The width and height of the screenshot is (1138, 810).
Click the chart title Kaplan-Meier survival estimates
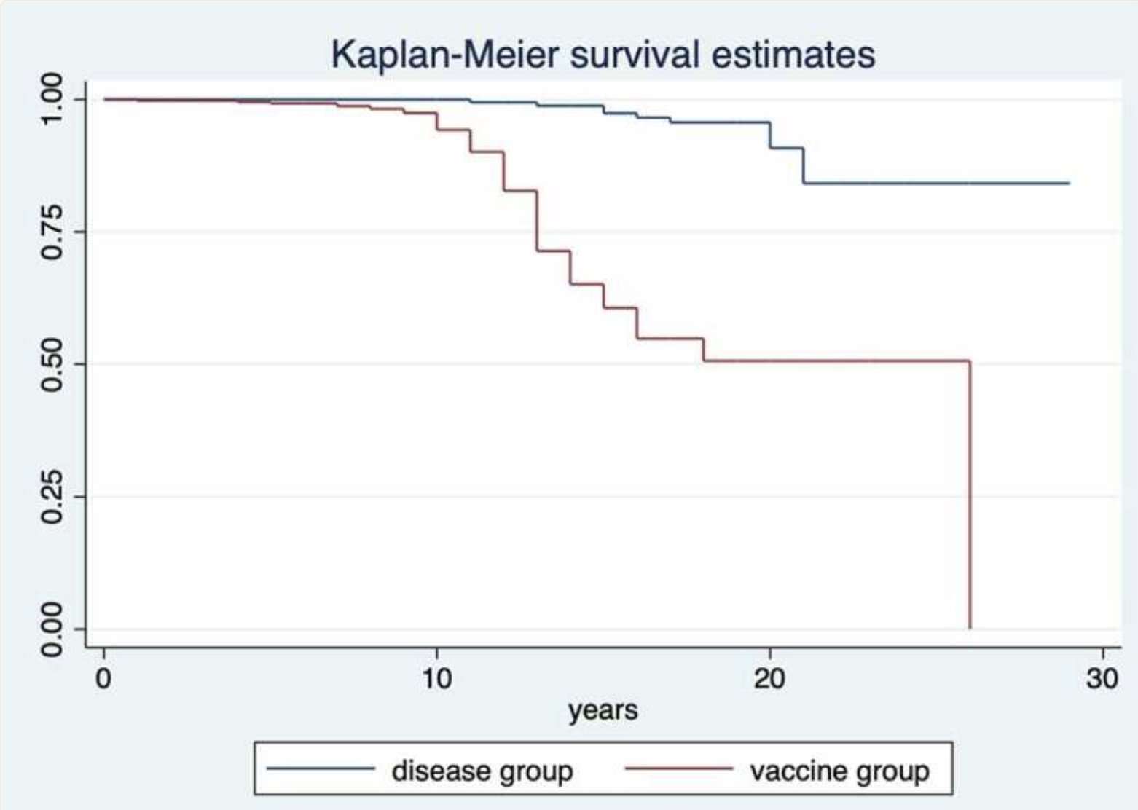(603, 55)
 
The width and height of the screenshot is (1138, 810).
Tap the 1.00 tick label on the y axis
(52, 99)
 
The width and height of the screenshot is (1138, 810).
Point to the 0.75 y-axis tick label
(52, 232)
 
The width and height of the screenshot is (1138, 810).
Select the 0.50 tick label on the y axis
(52, 364)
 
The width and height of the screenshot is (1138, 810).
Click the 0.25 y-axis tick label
(52, 497)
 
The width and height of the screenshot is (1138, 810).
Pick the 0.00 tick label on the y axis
(52, 629)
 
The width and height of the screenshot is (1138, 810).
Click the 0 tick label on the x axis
(104, 678)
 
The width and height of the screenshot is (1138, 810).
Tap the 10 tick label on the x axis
(436, 678)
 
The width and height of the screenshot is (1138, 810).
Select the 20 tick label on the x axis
(769, 678)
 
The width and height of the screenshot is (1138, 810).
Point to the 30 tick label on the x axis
(1102, 678)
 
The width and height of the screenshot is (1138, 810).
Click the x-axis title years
(603, 710)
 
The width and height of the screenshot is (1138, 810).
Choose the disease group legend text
(482, 771)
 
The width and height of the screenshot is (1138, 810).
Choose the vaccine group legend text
(839, 771)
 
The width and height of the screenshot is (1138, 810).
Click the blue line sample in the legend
(321, 768)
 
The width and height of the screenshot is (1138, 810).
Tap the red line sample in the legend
(679, 768)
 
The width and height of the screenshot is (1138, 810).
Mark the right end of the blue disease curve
(1069, 183)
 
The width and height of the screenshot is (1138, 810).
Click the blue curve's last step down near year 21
(804, 166)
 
